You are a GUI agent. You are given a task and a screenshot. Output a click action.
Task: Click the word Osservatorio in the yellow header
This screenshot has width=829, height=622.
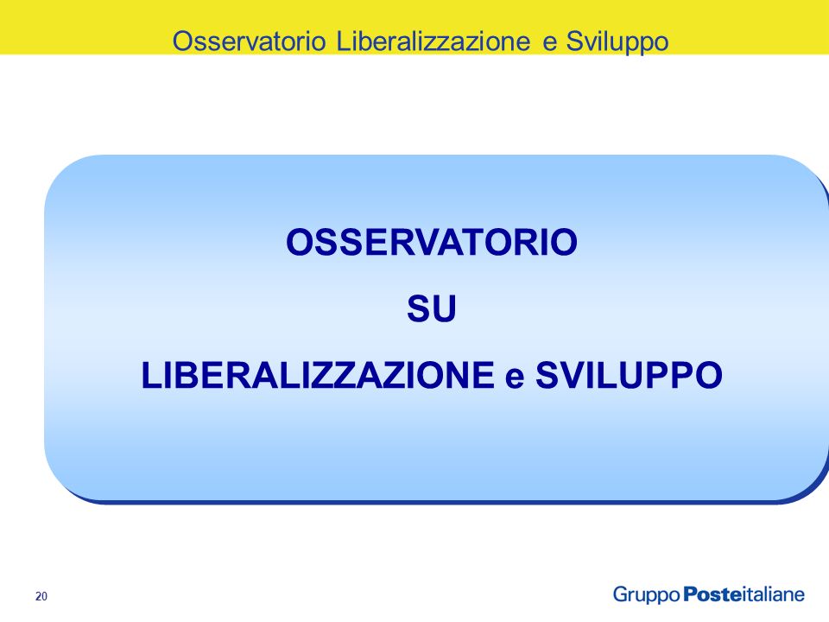(x=249, y=41)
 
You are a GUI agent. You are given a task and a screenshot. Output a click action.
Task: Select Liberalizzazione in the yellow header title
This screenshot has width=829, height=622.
(x=433, y=41)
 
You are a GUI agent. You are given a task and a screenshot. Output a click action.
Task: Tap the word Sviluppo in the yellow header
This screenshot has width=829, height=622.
(x=617, y=42)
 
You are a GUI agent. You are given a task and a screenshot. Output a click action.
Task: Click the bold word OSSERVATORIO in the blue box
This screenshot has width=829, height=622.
(x=432, y=242)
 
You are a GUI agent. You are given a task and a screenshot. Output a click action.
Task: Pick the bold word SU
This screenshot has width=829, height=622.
(x=432, y=308)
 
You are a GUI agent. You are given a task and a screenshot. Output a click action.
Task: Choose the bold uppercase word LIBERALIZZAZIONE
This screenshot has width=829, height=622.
(x=318, y=375)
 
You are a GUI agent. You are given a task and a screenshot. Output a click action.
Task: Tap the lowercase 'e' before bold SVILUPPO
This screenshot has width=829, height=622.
(x=515, y=378)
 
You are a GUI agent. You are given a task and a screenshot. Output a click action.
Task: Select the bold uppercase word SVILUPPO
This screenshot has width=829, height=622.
(x=629, y=375)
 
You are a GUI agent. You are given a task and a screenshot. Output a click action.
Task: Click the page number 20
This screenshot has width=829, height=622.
(x=41, y=596)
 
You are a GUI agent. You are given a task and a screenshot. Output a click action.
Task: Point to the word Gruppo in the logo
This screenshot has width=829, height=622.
(x=646, y=595)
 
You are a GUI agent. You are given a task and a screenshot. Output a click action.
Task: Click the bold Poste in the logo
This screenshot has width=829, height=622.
(x=712, y=594)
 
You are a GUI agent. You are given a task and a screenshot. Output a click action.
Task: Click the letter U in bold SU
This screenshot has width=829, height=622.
(x=444, y=309)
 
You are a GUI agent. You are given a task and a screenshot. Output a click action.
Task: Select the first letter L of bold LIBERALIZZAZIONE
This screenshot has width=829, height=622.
(x=151, y=375)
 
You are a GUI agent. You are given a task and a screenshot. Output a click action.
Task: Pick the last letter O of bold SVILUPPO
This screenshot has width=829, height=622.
(x=708, y=375)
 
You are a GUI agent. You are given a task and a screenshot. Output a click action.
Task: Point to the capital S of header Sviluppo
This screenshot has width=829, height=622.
(x=574, y=41)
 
